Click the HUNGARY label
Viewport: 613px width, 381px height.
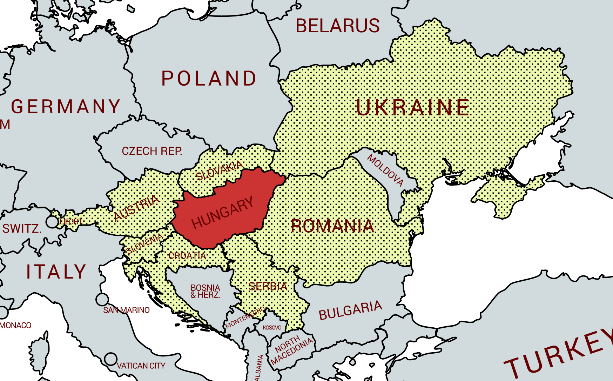[x=222, y=212]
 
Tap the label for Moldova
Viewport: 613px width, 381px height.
[x=385, y=170]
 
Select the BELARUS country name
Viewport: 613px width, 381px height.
[x=337, y=26]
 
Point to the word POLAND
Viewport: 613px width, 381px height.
[x=209, y=78]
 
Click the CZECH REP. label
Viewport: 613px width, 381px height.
[x=152, y=151]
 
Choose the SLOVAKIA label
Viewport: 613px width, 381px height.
[x=220, y=171]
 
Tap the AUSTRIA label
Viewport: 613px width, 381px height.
[x=137, y=208]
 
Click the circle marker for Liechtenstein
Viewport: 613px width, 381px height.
[x=52, y=222]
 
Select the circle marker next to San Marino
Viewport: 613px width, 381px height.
[x=102, y=300]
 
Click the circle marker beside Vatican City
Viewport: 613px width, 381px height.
[x=111, y=359]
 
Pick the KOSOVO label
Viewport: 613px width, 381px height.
[x=272, y=328]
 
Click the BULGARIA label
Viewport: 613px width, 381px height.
[x=350, y=310]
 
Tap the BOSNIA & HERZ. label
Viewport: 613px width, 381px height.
[x=206, y=291]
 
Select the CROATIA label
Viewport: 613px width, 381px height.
[x=187, y=256]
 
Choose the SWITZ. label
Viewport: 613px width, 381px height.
[x=22, y=229]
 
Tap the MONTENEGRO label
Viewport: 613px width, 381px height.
[x=245, y=317]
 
